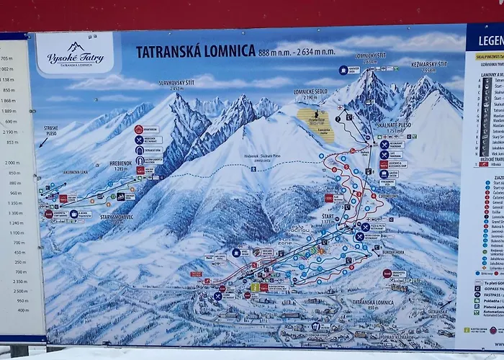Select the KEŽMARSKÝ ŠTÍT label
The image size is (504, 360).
coord(430,66)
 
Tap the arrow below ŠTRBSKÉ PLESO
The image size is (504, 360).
coord(42,143)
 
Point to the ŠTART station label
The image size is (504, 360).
coord(328,216)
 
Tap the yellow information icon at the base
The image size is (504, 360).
coord(254,287)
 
